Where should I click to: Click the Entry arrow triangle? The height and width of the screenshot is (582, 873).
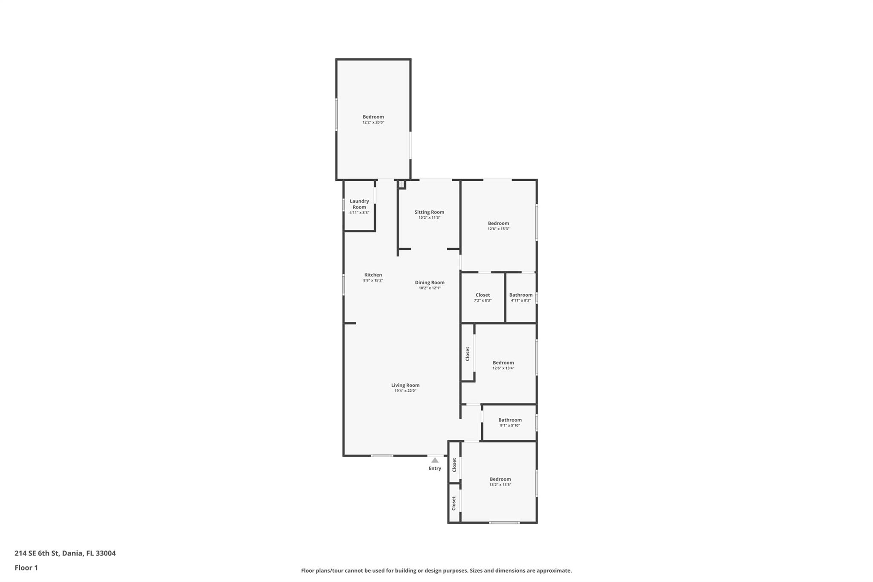pos(435,460)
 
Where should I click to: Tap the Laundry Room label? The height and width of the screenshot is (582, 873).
pos(359,204)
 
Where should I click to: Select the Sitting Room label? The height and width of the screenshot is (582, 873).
pos(429,212)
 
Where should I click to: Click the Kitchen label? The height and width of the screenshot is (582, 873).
pos(373,275)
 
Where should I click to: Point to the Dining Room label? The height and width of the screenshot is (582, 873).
pos(430,282)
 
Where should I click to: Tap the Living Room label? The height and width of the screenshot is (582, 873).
pos(405,385)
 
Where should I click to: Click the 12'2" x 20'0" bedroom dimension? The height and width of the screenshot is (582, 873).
pos(373,122)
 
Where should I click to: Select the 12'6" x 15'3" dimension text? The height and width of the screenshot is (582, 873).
pos(498,229)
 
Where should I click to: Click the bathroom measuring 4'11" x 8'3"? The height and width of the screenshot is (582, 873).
pos(521,295)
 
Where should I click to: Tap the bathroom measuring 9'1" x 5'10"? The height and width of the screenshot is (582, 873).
pos(510,420)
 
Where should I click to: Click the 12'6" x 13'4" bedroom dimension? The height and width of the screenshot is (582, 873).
pos(503,368)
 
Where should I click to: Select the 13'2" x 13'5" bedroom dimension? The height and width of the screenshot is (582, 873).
pos(500,485)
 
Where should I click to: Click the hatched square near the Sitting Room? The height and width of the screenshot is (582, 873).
pos(401,184)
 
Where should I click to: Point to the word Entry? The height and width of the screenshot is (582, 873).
pos(435,469)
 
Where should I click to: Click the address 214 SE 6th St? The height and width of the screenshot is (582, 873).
pos(65,553)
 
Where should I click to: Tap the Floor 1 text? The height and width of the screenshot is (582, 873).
pos(26,568)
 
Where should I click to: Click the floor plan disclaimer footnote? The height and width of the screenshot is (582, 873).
pos(436,570)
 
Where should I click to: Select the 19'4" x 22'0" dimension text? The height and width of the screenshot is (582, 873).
pos(405,391)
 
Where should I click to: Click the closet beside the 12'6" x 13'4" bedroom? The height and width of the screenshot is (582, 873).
pos(468,353)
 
